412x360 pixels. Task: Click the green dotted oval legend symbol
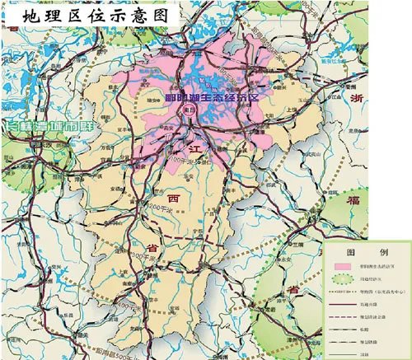[339, 278]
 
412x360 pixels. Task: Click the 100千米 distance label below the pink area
[176, 155]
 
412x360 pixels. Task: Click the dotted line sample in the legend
[339, 291]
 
